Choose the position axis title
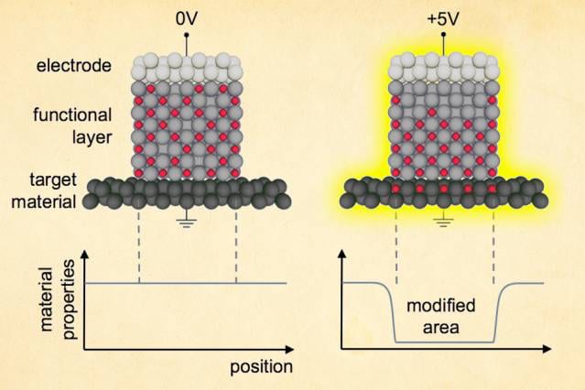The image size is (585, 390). (261, 367)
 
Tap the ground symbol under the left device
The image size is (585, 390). (187, 220)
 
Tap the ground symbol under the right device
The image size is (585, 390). (445, 220)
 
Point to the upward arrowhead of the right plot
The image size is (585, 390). (342, 253)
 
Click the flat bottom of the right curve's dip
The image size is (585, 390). (445, 341)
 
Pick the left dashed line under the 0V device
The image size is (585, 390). (138, 247)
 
